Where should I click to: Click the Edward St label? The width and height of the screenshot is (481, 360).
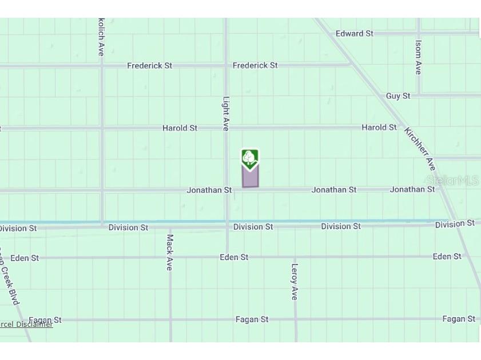[354, 34]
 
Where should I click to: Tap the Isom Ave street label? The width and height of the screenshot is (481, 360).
[418, 57]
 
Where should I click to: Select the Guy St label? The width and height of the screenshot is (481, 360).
[397, 96]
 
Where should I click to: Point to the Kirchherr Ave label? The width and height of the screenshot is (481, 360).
[420, 149]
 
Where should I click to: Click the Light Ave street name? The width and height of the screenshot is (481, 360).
[226, 113]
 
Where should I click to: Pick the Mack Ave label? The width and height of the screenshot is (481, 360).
[169, 252]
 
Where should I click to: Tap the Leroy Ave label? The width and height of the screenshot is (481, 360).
[295, 281]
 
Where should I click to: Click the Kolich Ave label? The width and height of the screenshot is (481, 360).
[101, 37]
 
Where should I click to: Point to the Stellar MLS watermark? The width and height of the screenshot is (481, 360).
[452, 181]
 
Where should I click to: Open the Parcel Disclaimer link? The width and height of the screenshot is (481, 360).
[26, 325]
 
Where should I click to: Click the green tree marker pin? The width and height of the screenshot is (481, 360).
[250, 159]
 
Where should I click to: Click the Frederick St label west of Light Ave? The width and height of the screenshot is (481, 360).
[149, 66]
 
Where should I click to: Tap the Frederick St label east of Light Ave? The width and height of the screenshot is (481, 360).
[255, 66]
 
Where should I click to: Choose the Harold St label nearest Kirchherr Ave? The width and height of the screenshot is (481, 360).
[379, 127]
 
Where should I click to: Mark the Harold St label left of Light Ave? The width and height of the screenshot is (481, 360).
[180, 128]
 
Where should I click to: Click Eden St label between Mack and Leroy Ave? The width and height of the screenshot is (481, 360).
[234, 258]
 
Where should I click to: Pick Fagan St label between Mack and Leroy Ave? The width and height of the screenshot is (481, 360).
[252, 319]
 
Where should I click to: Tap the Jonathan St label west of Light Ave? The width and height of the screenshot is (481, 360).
[209, 190]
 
